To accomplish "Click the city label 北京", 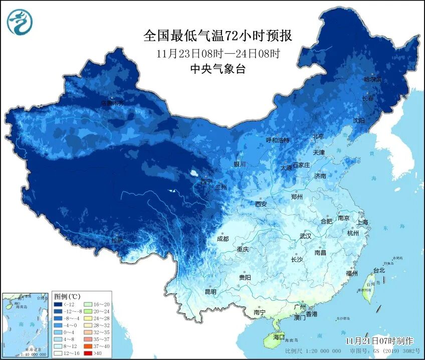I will [x=318, y=136].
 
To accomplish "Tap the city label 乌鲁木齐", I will [x=112, y=103].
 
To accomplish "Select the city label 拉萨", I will [x=117, y=241].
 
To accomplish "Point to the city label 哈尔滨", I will [x=372, y=79].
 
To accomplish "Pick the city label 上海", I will [x=362, y=222].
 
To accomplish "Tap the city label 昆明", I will [x=210, y=291].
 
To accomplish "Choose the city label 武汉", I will [x=305, y=236].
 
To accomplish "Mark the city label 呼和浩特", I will [x=277, y=140].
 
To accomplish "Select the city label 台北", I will [x=379, y=270].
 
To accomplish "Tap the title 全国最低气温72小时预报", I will [x=218, y=36].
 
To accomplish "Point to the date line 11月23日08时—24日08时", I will [x=218, y=53].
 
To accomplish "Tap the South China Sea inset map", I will [x=25, y=325].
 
